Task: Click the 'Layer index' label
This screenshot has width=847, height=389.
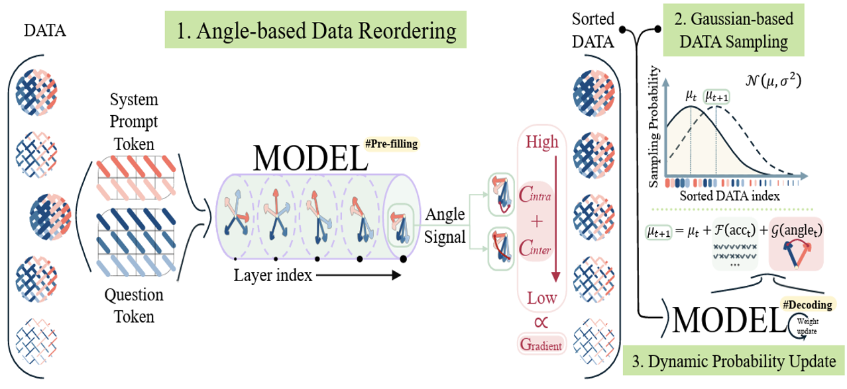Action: click(x=272, y=276)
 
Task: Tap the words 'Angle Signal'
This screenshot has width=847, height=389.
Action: click(x=445, y=224)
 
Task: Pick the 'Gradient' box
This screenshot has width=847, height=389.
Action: click(x=540, y=344)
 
